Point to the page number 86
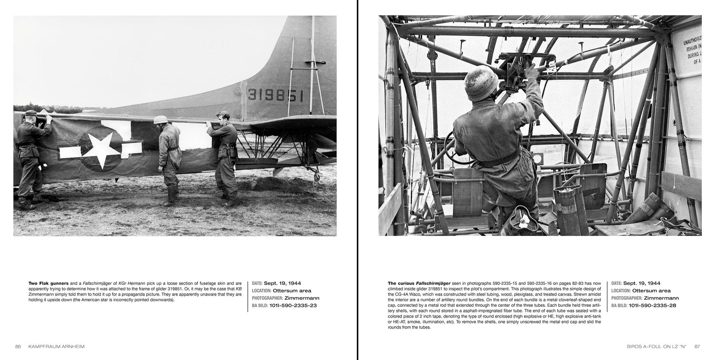pos(18,346)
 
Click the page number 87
pos(697,346)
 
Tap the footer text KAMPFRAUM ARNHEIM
pos(56,346)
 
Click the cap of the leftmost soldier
pos(30,113)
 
